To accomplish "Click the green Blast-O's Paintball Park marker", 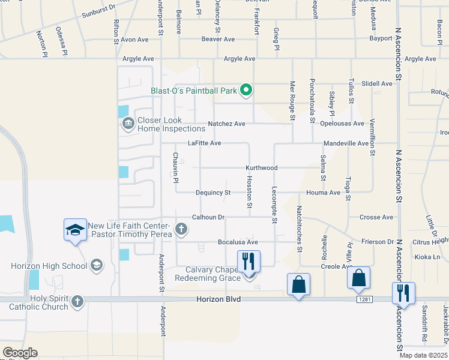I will (x=246, y=91).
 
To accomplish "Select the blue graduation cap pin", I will (x=76, y=230).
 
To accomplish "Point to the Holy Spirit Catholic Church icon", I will (x=77, y=301).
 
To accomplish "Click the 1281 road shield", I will (x=362, y=299).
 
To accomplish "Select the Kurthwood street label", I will (x=261, y=168).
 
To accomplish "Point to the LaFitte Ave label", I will (x=205, y=143).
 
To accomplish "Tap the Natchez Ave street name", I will (x=226, y=124).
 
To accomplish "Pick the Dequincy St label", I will (x=213, y=193).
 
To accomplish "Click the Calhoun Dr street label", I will (x=208, y=217).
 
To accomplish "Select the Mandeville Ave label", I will (x=346, y=144).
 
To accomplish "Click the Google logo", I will (x=20, y=353).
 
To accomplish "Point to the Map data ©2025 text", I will (x=422, y=355).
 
